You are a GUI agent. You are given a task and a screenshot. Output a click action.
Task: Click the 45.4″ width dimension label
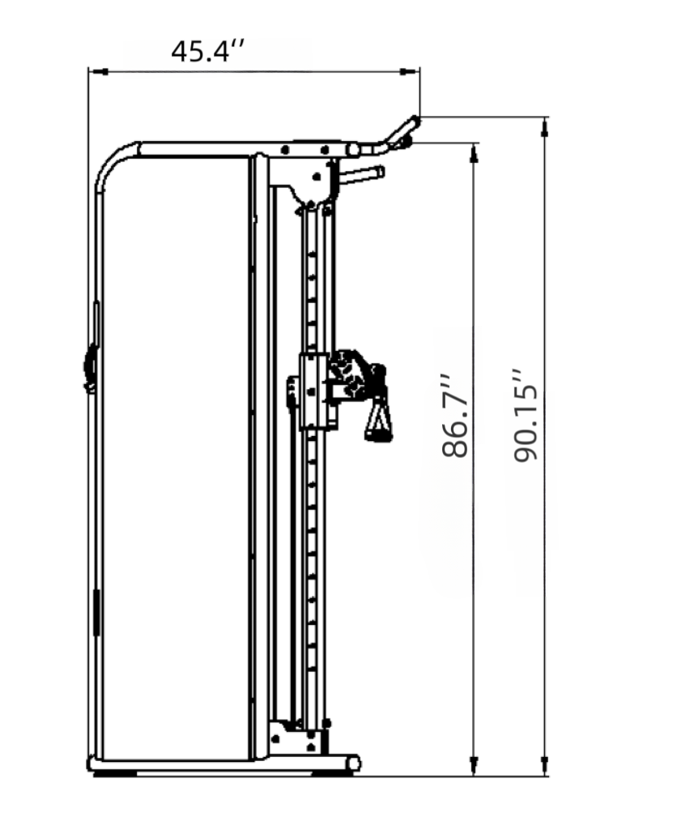click(x=208, y=51)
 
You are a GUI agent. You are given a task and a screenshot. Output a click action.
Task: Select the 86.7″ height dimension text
click(x=455, y=417)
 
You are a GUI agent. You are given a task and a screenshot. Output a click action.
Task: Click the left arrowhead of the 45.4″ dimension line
click(x=98, y=71)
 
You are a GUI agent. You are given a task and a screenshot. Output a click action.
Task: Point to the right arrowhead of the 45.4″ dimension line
click(x=409, y=71)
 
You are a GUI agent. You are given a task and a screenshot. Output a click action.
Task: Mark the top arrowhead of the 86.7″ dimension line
click(x=475, y=153)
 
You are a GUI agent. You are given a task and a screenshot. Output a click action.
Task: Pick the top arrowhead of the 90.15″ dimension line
click(x=545, y=127)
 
